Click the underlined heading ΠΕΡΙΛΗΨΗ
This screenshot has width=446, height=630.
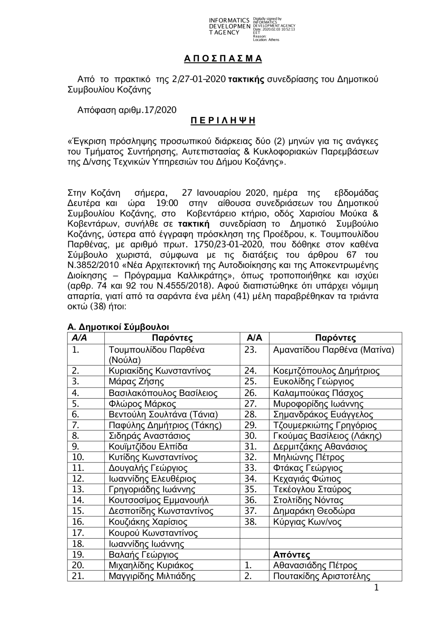[x=223, y=121]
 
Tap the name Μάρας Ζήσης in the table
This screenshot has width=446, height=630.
[x=136, y=382]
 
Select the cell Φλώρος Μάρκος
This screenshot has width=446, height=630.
[x=142, y=404]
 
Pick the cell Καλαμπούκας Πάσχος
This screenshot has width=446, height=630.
[x=318, y=393]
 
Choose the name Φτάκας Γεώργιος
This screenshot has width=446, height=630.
[x=308, y=468]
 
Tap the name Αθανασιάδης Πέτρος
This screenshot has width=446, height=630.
[x=315, y=566]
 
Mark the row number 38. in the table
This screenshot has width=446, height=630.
[x=251, y=522]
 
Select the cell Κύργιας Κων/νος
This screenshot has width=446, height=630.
[x=308, y=522]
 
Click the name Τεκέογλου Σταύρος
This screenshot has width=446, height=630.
[x=312, y=490]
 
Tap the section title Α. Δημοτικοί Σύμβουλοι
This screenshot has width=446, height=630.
[x=118, y=328]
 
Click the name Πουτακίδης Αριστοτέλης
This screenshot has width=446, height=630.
[x=322, y=576]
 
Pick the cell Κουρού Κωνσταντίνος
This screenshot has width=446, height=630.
[x=153, y=533]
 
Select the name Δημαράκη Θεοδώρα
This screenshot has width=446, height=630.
[x=314, y=511]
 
